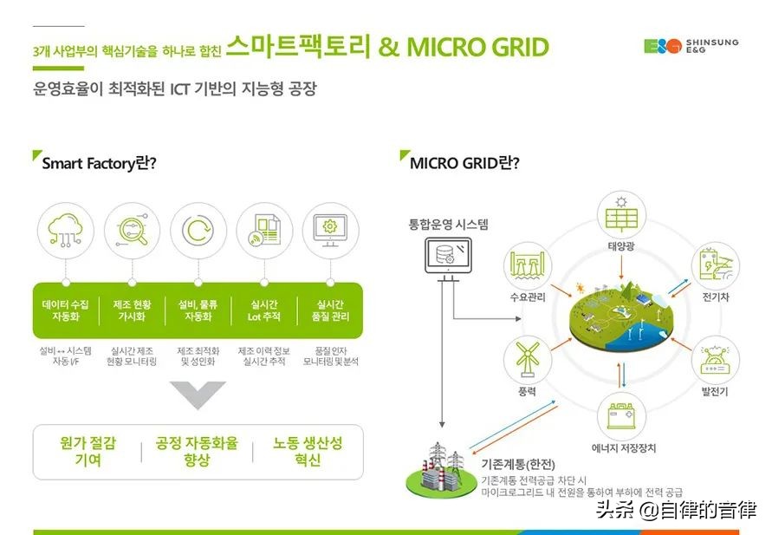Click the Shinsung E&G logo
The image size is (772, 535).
click(691, 46)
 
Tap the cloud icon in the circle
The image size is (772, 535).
click(64, 230)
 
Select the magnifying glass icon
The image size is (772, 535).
click(132, 230)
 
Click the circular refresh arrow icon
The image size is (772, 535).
click(198, 230)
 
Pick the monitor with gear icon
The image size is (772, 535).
click(330, 230)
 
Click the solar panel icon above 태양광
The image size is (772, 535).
click(621, 215)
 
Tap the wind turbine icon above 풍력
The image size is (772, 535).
click(528, 358)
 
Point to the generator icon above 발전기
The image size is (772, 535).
click(715, 360)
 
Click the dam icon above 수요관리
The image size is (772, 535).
click(528, 265)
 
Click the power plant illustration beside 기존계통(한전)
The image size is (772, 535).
click(442, 469)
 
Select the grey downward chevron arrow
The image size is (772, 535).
click(198, 395)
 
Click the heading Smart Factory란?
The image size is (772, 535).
click(99, 163)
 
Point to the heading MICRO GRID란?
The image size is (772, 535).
click(464, 162)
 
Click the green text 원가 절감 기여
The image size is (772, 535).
click(88, 451)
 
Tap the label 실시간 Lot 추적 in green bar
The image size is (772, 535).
click(264, 310)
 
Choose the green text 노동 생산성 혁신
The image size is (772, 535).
click(308, 451)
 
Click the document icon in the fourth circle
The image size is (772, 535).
click(264, 230)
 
